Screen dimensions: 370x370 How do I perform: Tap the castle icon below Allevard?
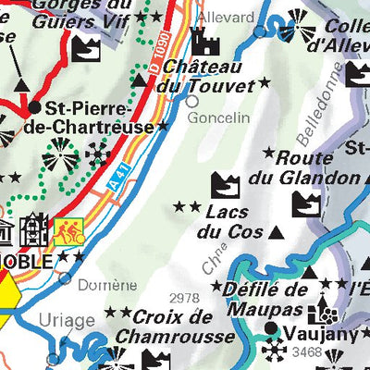tap(203, 43)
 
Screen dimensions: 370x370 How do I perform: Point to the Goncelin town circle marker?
tap(191, 102)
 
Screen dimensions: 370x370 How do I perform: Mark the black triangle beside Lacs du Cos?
tap(275, 231)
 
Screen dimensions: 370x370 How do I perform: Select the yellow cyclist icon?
tap(68, 232)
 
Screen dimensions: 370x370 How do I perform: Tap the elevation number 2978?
tap(185, 297)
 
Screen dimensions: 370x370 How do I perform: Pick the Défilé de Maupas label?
tap(252, 298)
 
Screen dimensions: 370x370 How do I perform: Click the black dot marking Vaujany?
tap(270, 328)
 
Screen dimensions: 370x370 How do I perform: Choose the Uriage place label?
tap(67, 320)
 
